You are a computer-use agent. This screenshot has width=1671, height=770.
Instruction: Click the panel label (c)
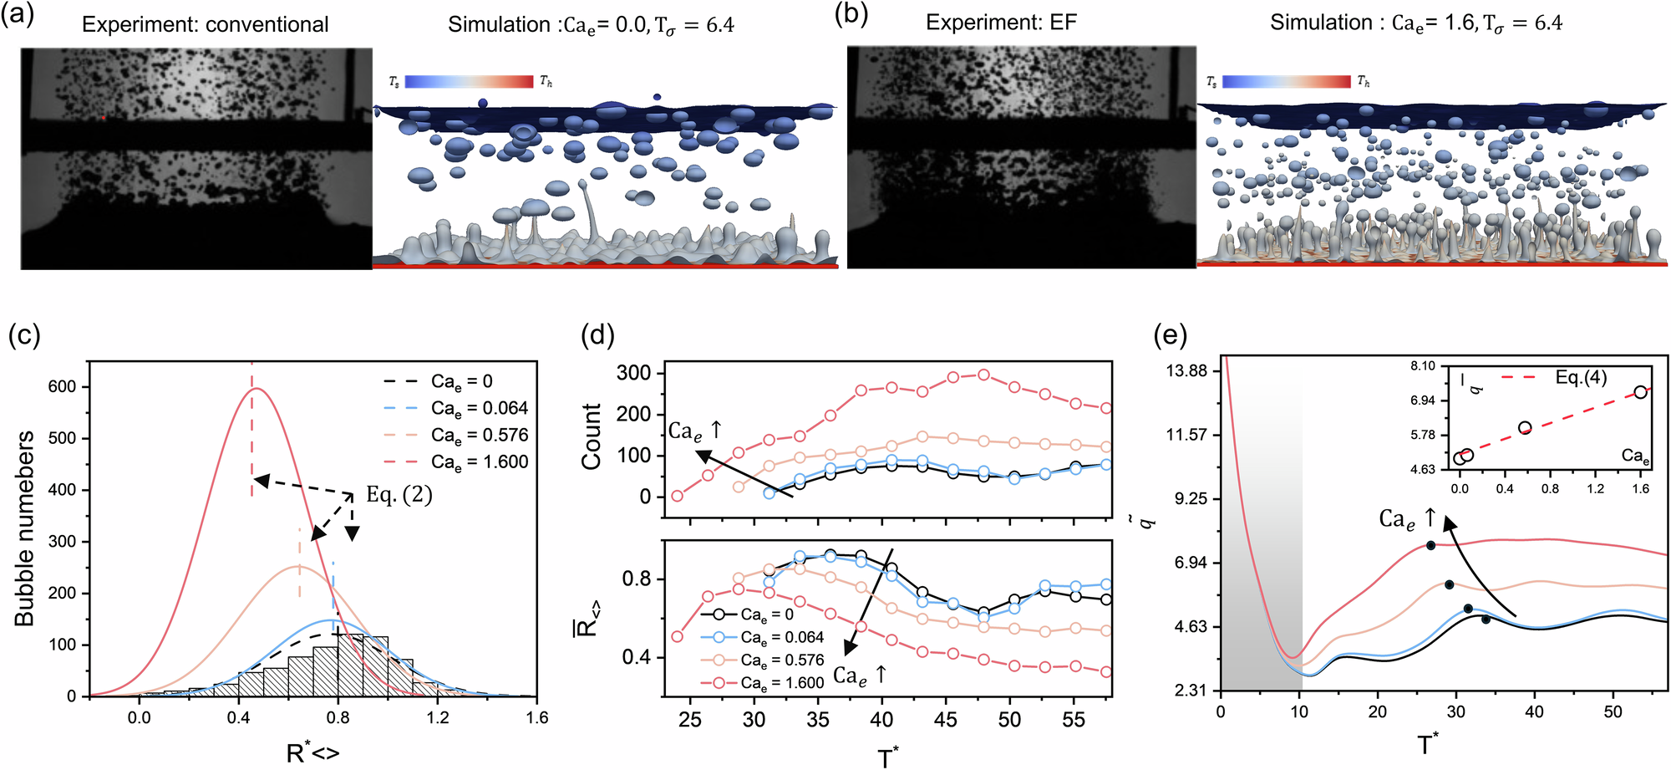pyautogui.click(x=24, y=335)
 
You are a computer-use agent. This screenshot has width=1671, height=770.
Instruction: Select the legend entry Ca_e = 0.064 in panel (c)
pyautogui.click(x=479, y=408)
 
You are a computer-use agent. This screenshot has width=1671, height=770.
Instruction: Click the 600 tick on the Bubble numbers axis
pyautogui.click(x=62, y=386)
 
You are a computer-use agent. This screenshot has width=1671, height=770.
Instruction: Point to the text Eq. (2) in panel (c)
pyautogui.click(x=399, y=495)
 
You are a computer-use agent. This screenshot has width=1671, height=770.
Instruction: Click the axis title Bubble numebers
pyautogui.click(x=24, y=528)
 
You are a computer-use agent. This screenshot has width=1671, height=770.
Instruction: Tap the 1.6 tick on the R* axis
pyautogui.click(x=536, y=717)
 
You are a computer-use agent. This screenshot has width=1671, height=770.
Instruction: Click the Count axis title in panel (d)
pyautogui.click(x=592, y=436)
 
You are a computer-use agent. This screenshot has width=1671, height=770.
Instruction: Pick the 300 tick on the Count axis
pyautogui.click(x=633, y=373)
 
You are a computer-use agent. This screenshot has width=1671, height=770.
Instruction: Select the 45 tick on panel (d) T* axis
pyautogui.click(x=945, y=719)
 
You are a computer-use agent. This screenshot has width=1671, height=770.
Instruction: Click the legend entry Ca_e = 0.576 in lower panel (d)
pyautogui.click(x=781, y=660)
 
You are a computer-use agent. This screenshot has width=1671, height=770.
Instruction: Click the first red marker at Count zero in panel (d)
pyautogui.click(x=677, y=496)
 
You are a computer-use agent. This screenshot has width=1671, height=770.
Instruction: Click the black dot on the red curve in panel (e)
pyautogui.click(x=1430, y=545)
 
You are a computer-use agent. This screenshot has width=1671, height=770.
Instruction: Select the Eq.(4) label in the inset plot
pyautogui.click(x=1581, y=378)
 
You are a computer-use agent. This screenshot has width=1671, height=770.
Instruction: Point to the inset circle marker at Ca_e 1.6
pyautogui.click(x=1640, y=392)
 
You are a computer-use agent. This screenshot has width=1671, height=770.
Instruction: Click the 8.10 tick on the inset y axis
pyautogui.click(x=1423, y=366)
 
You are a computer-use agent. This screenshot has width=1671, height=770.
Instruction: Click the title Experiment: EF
pyautogui.click(x=1001, y=23)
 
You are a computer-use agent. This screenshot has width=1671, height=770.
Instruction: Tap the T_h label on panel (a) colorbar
pyautogui.click(x=546, y=81)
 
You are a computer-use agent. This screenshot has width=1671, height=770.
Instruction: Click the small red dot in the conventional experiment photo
pyautogui.click(x=104, y=118)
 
